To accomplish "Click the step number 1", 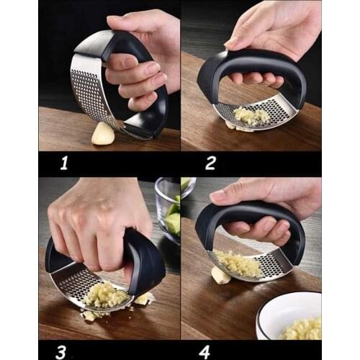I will tap(64, 163).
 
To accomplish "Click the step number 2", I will tap(210, 163).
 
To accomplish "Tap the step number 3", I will tap(61, 352).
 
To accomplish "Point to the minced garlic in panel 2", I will tap(252, 115).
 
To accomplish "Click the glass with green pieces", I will tap(171, 209).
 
